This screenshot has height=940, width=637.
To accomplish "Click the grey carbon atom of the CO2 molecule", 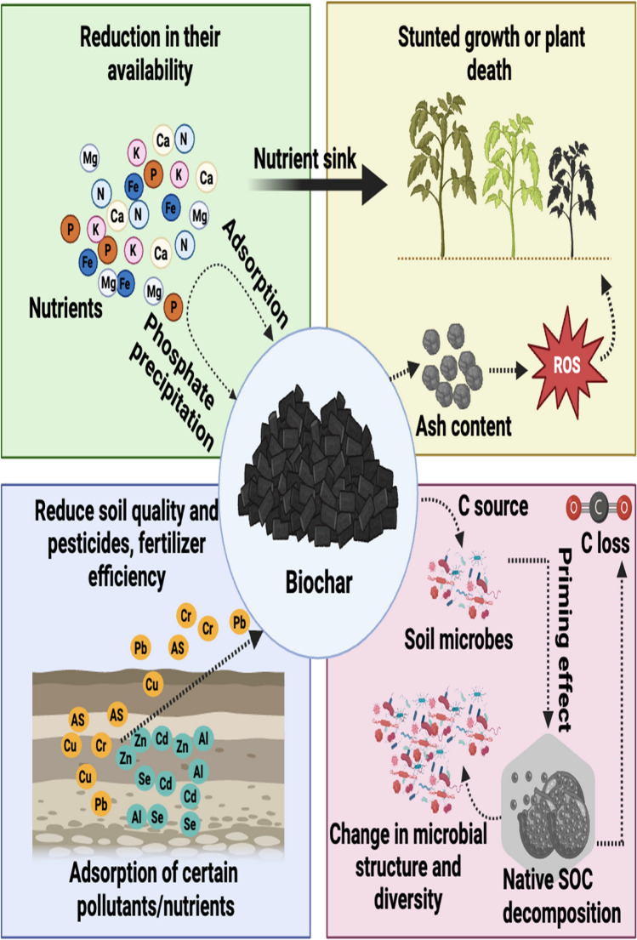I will pos(600,508).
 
